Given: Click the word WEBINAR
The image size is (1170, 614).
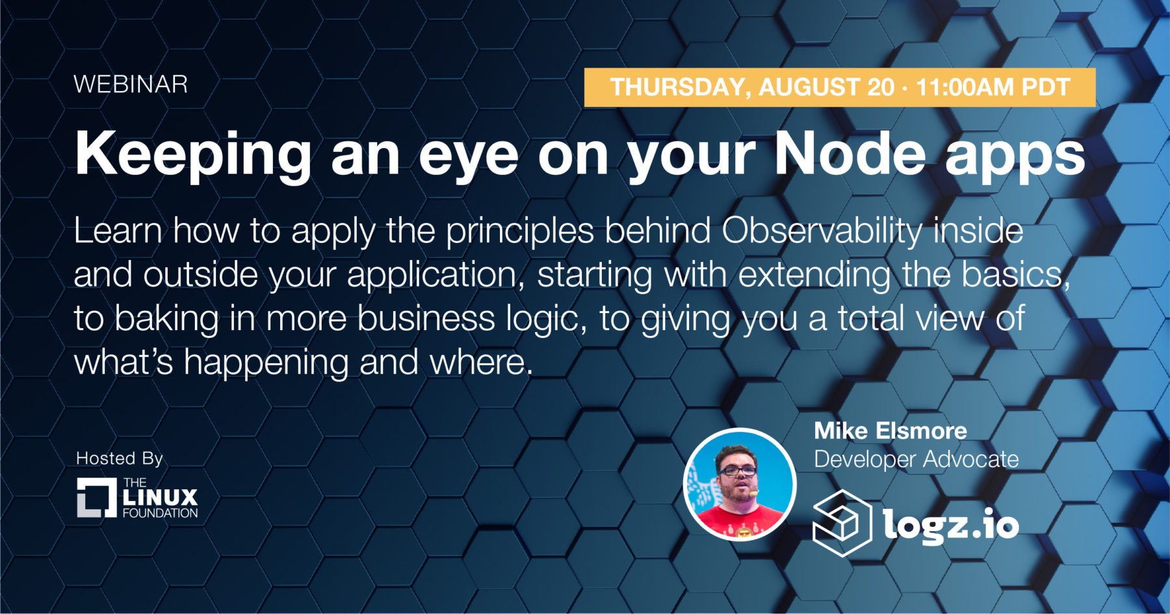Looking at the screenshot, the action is point(131,84).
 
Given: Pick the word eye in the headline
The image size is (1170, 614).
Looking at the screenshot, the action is point(469,159).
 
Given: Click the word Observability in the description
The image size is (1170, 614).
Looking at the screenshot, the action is point(822,232).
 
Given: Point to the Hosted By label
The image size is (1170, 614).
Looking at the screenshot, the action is point(120,458).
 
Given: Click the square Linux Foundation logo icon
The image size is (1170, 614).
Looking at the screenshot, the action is point(97,498).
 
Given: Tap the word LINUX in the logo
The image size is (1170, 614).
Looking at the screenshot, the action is point(160,498).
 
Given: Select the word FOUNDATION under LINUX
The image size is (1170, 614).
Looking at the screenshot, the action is point(160,513).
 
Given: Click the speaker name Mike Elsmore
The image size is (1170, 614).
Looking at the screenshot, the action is point(890,431).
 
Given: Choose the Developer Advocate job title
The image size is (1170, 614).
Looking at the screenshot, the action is point(916,459).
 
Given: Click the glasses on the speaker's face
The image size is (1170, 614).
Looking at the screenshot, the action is point(737,470).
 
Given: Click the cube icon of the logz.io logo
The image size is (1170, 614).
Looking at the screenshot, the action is point(842,523).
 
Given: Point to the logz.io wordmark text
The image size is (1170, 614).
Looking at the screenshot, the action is point(951,523).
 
